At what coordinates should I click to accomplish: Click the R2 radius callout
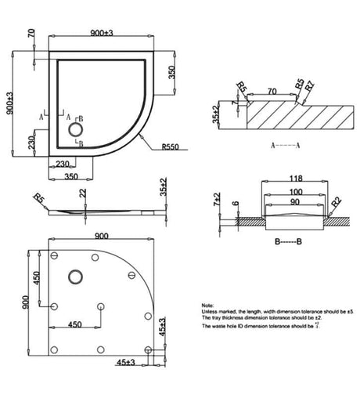[x=334, y=203]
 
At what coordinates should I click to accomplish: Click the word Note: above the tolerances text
[x=207, y=305]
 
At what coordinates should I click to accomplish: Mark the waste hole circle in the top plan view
[x=77, y=129]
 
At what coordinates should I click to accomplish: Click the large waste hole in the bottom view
[x=77, y=276]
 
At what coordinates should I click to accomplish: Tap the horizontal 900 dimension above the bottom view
[x=101, y=237]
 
